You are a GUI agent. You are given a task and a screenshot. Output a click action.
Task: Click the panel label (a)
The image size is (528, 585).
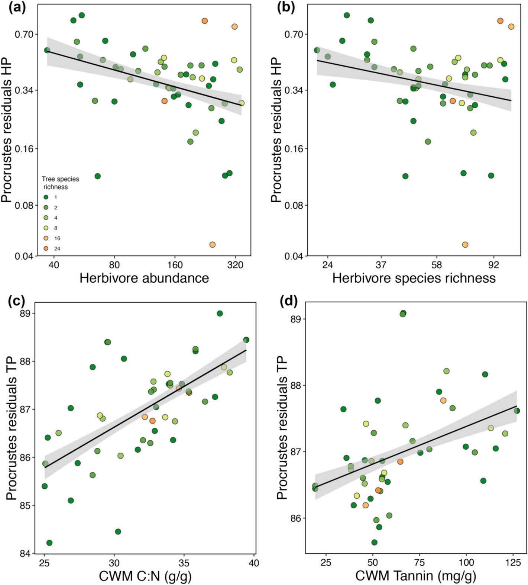click(x=17, y=8)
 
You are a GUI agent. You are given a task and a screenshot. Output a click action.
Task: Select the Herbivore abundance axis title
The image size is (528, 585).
click(x=144, y=278)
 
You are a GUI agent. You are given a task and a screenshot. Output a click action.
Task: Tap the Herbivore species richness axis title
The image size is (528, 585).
click(x=414, y=278)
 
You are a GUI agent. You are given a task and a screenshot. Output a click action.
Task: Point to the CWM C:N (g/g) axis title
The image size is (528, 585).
click(x=145, y=576)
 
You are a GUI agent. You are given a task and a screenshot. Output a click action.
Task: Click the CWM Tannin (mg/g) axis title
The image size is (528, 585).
click(x=415, y=576)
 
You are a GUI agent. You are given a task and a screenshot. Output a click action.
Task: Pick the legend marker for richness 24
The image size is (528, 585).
click(x=46, y=248)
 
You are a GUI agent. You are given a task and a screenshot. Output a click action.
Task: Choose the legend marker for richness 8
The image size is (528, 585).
click(x=46, y=228)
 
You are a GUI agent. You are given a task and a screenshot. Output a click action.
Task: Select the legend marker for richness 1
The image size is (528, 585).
click(x=46, y=197)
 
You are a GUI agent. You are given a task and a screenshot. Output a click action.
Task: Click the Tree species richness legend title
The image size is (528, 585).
click(x=60, y=183)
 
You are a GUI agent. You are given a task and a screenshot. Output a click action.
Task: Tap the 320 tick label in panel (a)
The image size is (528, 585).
click(x=235, y=265)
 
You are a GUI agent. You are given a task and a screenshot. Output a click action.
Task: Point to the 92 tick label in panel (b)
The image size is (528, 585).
click(x=493, y=265)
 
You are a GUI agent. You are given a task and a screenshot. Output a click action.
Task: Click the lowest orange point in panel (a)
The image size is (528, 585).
click(x=213, y=245)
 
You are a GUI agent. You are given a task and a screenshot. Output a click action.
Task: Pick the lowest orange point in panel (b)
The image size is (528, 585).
click(x=465, y=245)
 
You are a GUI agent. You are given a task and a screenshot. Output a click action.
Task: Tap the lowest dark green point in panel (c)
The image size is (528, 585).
click(x=49, y=543)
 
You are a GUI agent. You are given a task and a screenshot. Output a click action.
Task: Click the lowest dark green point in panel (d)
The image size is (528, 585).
click(x=374, y=542)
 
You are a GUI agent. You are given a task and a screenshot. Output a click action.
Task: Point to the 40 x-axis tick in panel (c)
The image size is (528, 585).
click(x=253, y=563)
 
